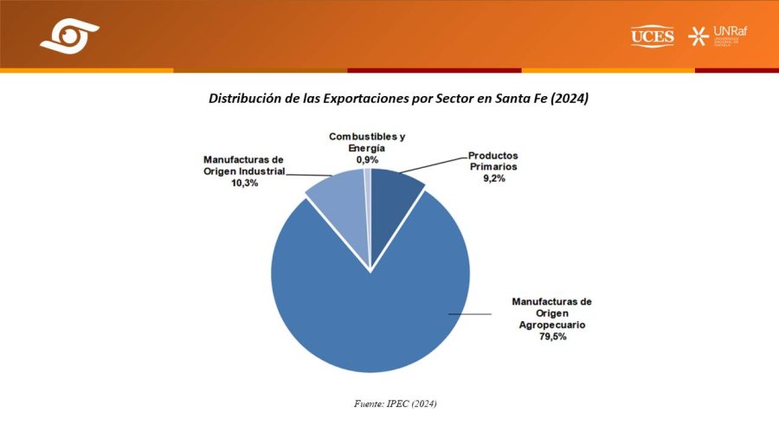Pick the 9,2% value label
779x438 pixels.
pyautogui.click(x=493, y=179)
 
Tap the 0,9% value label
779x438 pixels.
pyautogui.click(x=367, y=160)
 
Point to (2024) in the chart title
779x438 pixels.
pyautogui.click(x=569, y=99)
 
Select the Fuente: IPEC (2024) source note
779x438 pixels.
pyautogui.click(x=389, y=403)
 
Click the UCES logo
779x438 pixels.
pyautogui.click(x=653, y=35)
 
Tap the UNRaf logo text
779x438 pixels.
pyautogui.click(x=732, y=32)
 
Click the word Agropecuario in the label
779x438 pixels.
pyautogui.click(x=552, y=325)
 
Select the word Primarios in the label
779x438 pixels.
pyautogui.click(x=493, y=168)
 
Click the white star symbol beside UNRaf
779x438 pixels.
pyautogui.click(x=697, y=35)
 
